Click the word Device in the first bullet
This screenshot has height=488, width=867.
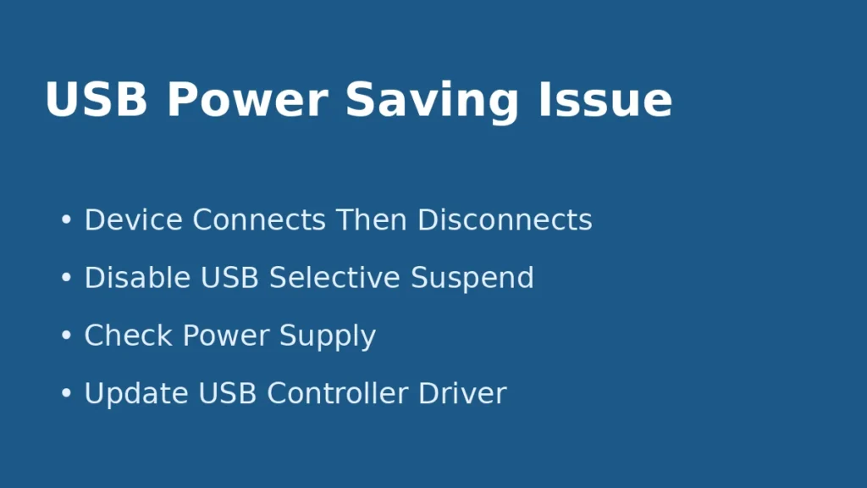[x=133, y=220]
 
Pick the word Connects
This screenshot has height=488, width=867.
[x=259, y=220]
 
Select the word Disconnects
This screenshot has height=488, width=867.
[x=505, y=220]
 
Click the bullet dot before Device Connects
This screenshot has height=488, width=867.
[x=66, y=220]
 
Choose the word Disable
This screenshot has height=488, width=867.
[x=136, y=278]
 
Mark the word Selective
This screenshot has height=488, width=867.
[x=335, y=278]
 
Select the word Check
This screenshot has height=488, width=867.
[x=129, y=335]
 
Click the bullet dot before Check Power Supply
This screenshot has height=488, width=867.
[x=66, y=335]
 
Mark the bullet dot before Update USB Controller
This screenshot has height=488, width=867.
[x=66, y=393]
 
